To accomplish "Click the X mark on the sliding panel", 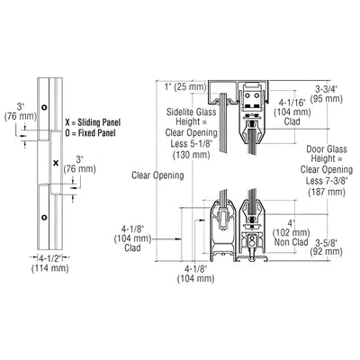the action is click(x=56, y=163).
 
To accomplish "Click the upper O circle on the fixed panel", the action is click(x=44, y=107).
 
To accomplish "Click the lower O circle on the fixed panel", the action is click(x=44, y=217).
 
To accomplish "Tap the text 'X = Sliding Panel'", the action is click(x=93, y=122).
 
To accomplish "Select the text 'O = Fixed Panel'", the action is click(x=90, y=133).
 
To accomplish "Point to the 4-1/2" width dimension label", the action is click(x=49, y=257).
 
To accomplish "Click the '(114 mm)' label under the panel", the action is click(x=50, y=268).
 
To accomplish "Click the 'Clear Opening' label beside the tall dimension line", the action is click(x=157, y=175).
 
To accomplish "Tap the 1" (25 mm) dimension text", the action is click(x=185, y=87).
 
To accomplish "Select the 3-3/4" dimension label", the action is click(x=327, y=88).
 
